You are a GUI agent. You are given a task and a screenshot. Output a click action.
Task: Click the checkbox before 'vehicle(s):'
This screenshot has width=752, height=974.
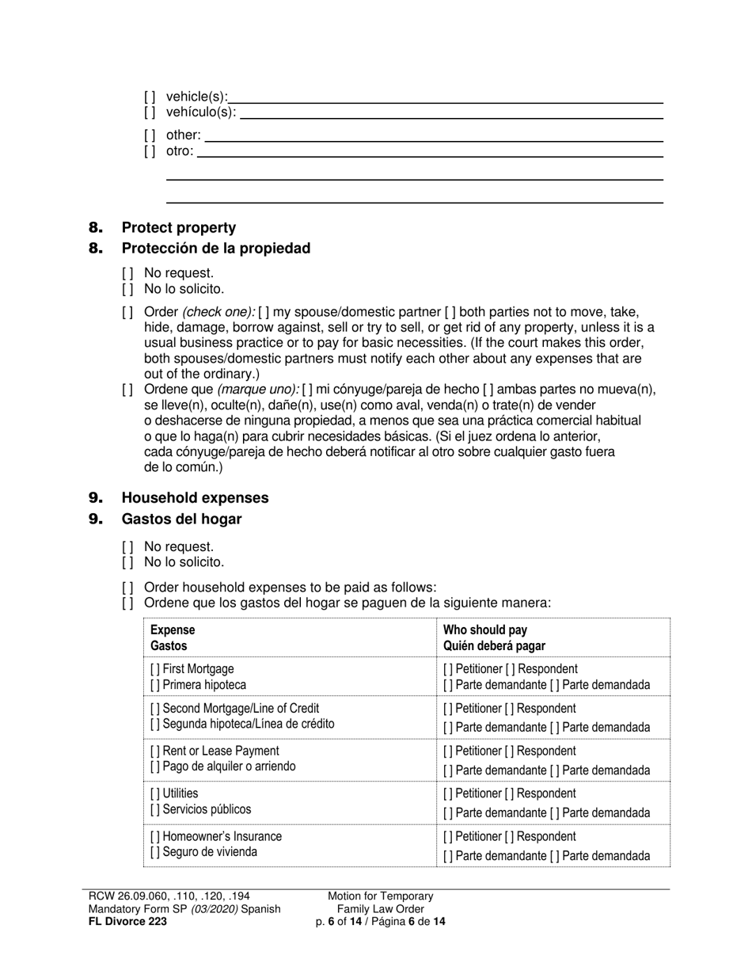click(150, 97)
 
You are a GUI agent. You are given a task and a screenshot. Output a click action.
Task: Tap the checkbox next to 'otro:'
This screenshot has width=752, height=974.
click(150, 150)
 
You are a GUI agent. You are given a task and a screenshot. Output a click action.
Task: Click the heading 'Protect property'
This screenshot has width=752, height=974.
click(178, 228)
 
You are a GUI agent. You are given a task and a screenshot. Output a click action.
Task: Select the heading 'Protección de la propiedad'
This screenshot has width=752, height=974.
click(215, 249)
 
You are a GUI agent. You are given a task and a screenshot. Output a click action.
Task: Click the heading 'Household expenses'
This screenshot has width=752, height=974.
click(195, 498)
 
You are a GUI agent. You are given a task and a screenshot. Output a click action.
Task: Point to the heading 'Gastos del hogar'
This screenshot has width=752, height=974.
click(181, 519)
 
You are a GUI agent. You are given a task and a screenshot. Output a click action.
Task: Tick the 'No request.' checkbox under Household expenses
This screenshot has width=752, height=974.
click(127, 547)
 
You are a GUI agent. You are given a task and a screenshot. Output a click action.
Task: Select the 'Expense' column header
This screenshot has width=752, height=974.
click(172, 630)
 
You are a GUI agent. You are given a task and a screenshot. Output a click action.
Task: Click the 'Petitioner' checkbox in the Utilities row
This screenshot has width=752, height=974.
click(449, 793)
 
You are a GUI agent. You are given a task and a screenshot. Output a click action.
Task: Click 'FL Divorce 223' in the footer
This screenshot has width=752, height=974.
click(127, 921)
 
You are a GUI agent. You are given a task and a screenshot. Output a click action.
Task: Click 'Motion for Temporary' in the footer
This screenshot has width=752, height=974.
click(381, 896)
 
